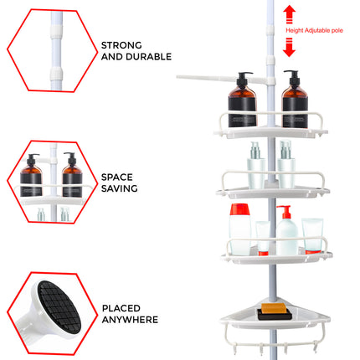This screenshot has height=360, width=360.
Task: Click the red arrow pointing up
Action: pos(290,13)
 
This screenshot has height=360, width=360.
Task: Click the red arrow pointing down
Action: pos(290,49)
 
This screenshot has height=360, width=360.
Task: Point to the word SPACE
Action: pos(117,177)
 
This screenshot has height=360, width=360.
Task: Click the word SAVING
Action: pos(120,190)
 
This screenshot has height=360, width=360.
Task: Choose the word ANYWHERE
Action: pos(130,320)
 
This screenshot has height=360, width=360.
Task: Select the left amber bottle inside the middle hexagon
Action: pos(33,177)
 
